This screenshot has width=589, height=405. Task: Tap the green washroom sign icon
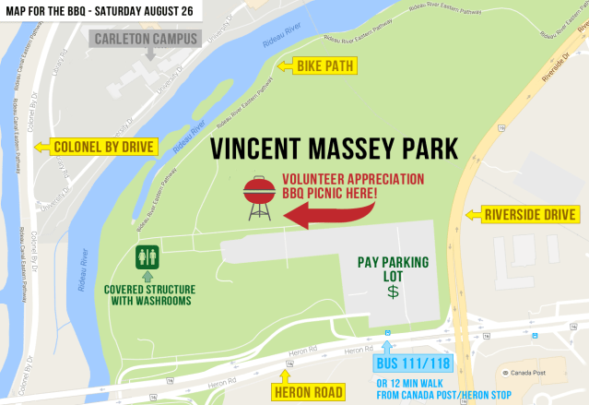147,256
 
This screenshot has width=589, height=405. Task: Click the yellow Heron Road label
308,393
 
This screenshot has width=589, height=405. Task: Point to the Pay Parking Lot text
394,268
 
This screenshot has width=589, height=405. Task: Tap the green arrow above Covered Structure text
147,275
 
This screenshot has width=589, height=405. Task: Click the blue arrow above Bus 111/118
387,344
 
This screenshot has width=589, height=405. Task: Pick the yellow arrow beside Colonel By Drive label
39,147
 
